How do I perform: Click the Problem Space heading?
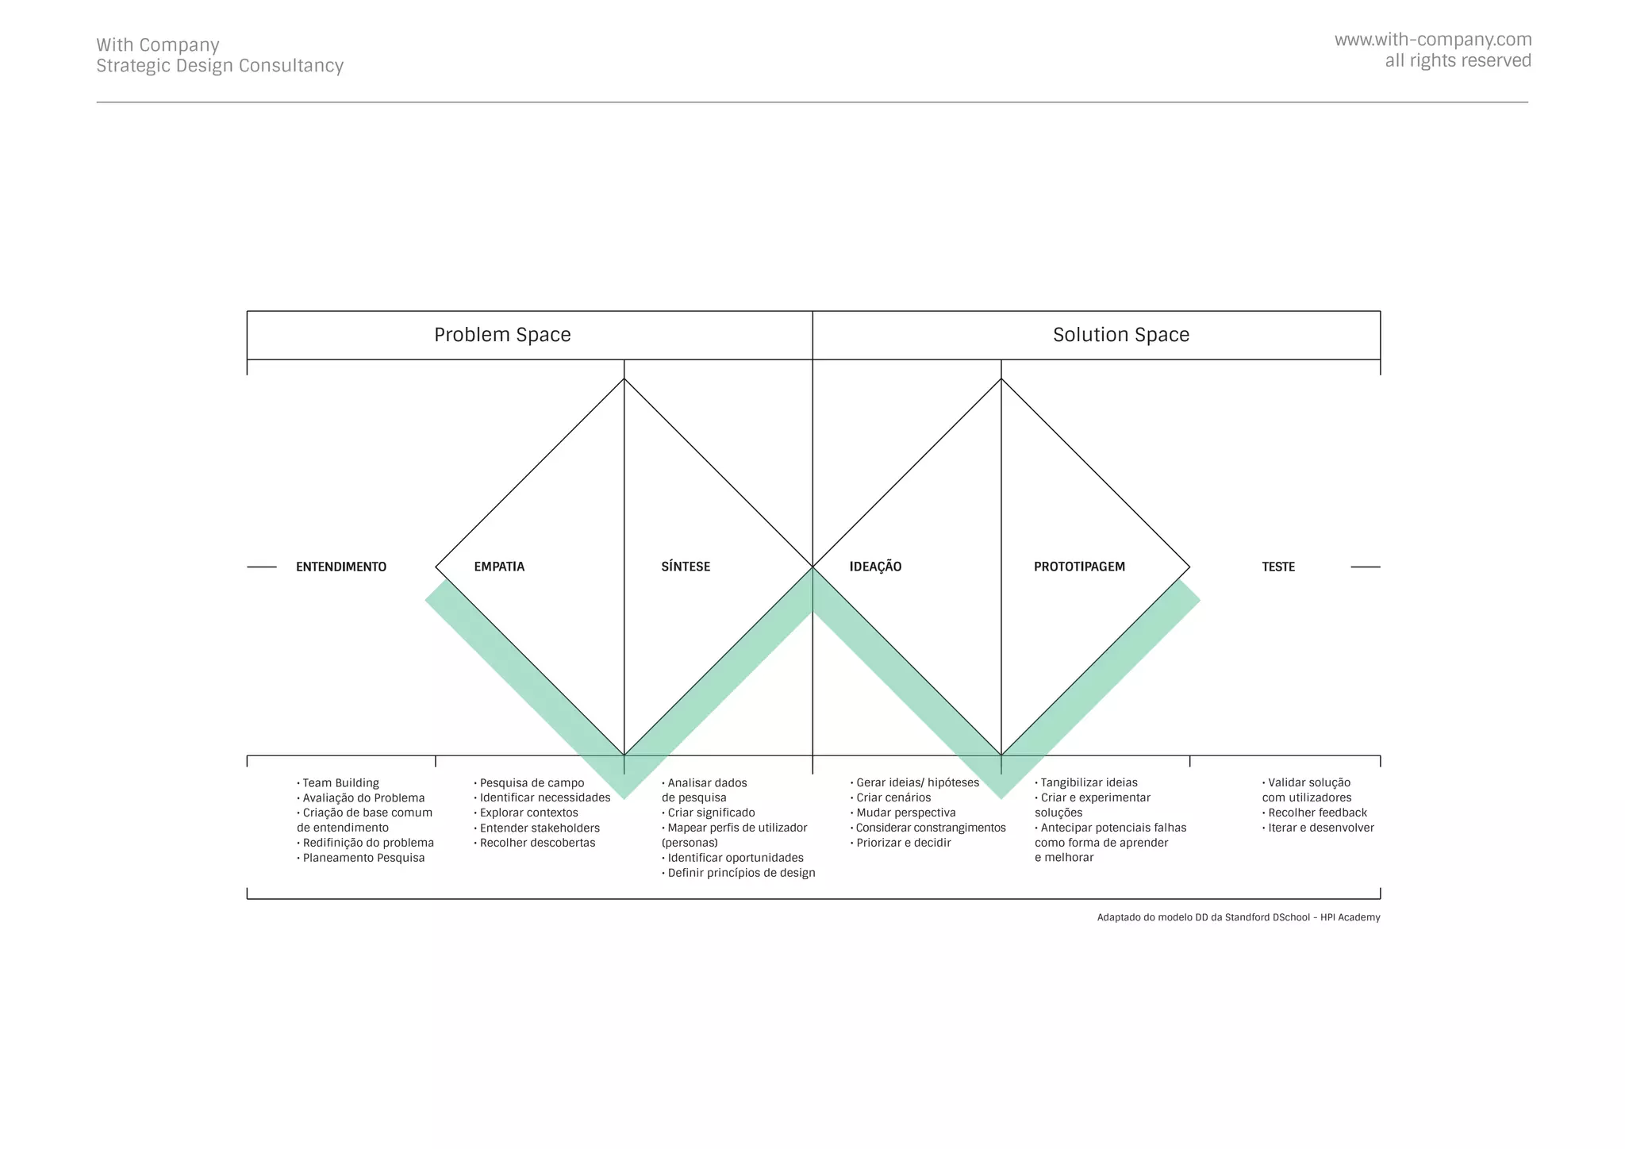(x=502, y=335)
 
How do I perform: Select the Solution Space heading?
(x=1120, y=335)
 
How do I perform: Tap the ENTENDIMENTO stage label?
(x=341, y=567)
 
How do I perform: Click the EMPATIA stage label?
(x=499, y=567)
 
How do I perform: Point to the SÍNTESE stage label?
(x=686, y=567)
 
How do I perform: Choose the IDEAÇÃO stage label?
(x=875, y=567)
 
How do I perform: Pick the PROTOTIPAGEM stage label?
(x=1079, y=567)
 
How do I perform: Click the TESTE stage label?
(x=1278, y=567)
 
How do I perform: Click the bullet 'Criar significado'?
(x=711, y=813)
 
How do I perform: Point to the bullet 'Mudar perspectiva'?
(x=905, y=813)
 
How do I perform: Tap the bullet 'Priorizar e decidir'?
(x=903, y=843)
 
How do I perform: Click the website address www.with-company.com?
(x=1432, y=40)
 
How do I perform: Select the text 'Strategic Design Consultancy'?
(x=220, y=66)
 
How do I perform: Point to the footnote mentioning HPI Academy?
(x=1238, y=917)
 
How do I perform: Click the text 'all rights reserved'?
(x=1458, y=61)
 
